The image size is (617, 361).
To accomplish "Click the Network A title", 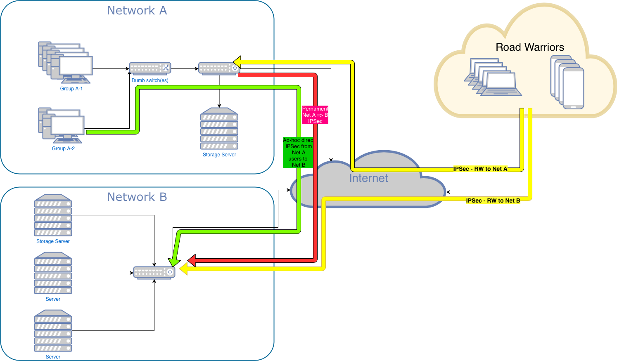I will pyautogui.click(x=137, y=11).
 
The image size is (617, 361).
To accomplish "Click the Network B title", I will pyautogui.click(x=137, y=197).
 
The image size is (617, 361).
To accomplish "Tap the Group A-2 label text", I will pyautogui.click(x=63, y=149).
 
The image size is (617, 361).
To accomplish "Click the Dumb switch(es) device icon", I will pyautogui.click(x=150, y=68).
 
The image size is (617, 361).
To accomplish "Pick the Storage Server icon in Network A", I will pyautogui.click(x=219, y=129).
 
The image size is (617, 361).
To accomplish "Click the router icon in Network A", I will pyautogui.click(x=219, y=68).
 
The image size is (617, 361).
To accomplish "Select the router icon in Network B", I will pyautogui.click(x=154, y=272).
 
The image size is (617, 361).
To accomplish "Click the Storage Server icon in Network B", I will pyautogui.click(x=53, y=215).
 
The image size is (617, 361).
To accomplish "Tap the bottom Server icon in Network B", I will pyautogui.click(x=53, y=331).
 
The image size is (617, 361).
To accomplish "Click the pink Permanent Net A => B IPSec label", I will pyautogui.click(x=315, y=115).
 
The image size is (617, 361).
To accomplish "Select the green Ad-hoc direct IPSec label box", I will pyautogui.click(x=298, y=153).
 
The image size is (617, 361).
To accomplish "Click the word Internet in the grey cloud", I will pyautogui.click(x=368, y=178).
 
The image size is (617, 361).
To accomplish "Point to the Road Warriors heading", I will pyautogui.click(x=529, y=47).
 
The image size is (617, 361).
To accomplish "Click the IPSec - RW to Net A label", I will pyautogui.click(x=480, y=169).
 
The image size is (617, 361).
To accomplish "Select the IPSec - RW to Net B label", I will pyautogui.click(x=493, y=201).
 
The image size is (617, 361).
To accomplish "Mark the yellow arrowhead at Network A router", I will pyautogui.click(x=237, y=62).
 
